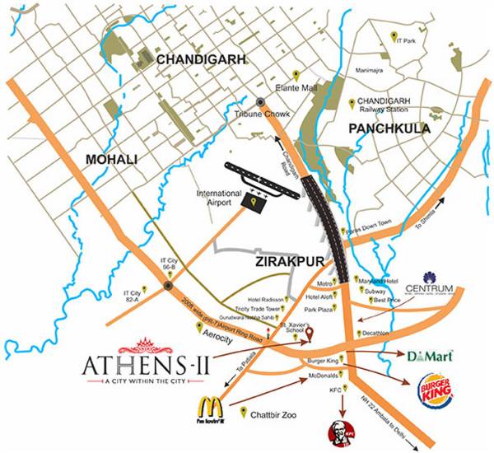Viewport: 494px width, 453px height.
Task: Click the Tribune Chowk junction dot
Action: click(x=260, y=101)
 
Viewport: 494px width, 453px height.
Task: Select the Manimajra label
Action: click(x=371, y=72)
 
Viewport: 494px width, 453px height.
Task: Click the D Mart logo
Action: click(x=427, y=356)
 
